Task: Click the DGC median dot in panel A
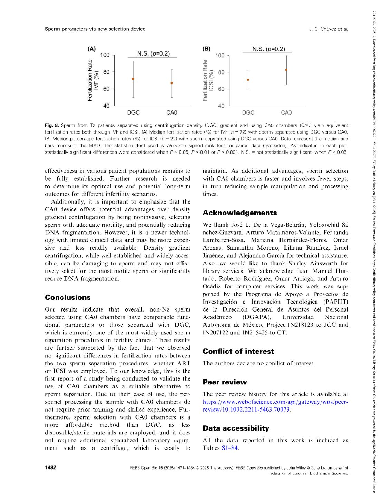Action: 133,79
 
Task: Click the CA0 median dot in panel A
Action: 171,83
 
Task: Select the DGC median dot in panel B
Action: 248,80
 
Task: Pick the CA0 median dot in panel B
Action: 286,70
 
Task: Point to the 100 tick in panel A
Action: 105,55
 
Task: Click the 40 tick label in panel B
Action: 221,106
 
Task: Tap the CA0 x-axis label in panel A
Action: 171,112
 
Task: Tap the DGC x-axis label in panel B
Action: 248,112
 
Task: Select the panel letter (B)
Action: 206,49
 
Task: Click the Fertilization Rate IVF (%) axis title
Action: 93,80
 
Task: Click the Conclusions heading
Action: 68,297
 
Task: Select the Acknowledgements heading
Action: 239,213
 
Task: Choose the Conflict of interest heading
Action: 238,351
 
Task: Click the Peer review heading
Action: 225,382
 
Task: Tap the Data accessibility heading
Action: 236,428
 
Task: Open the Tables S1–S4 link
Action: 229,448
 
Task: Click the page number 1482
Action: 50,467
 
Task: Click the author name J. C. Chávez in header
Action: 322,29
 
